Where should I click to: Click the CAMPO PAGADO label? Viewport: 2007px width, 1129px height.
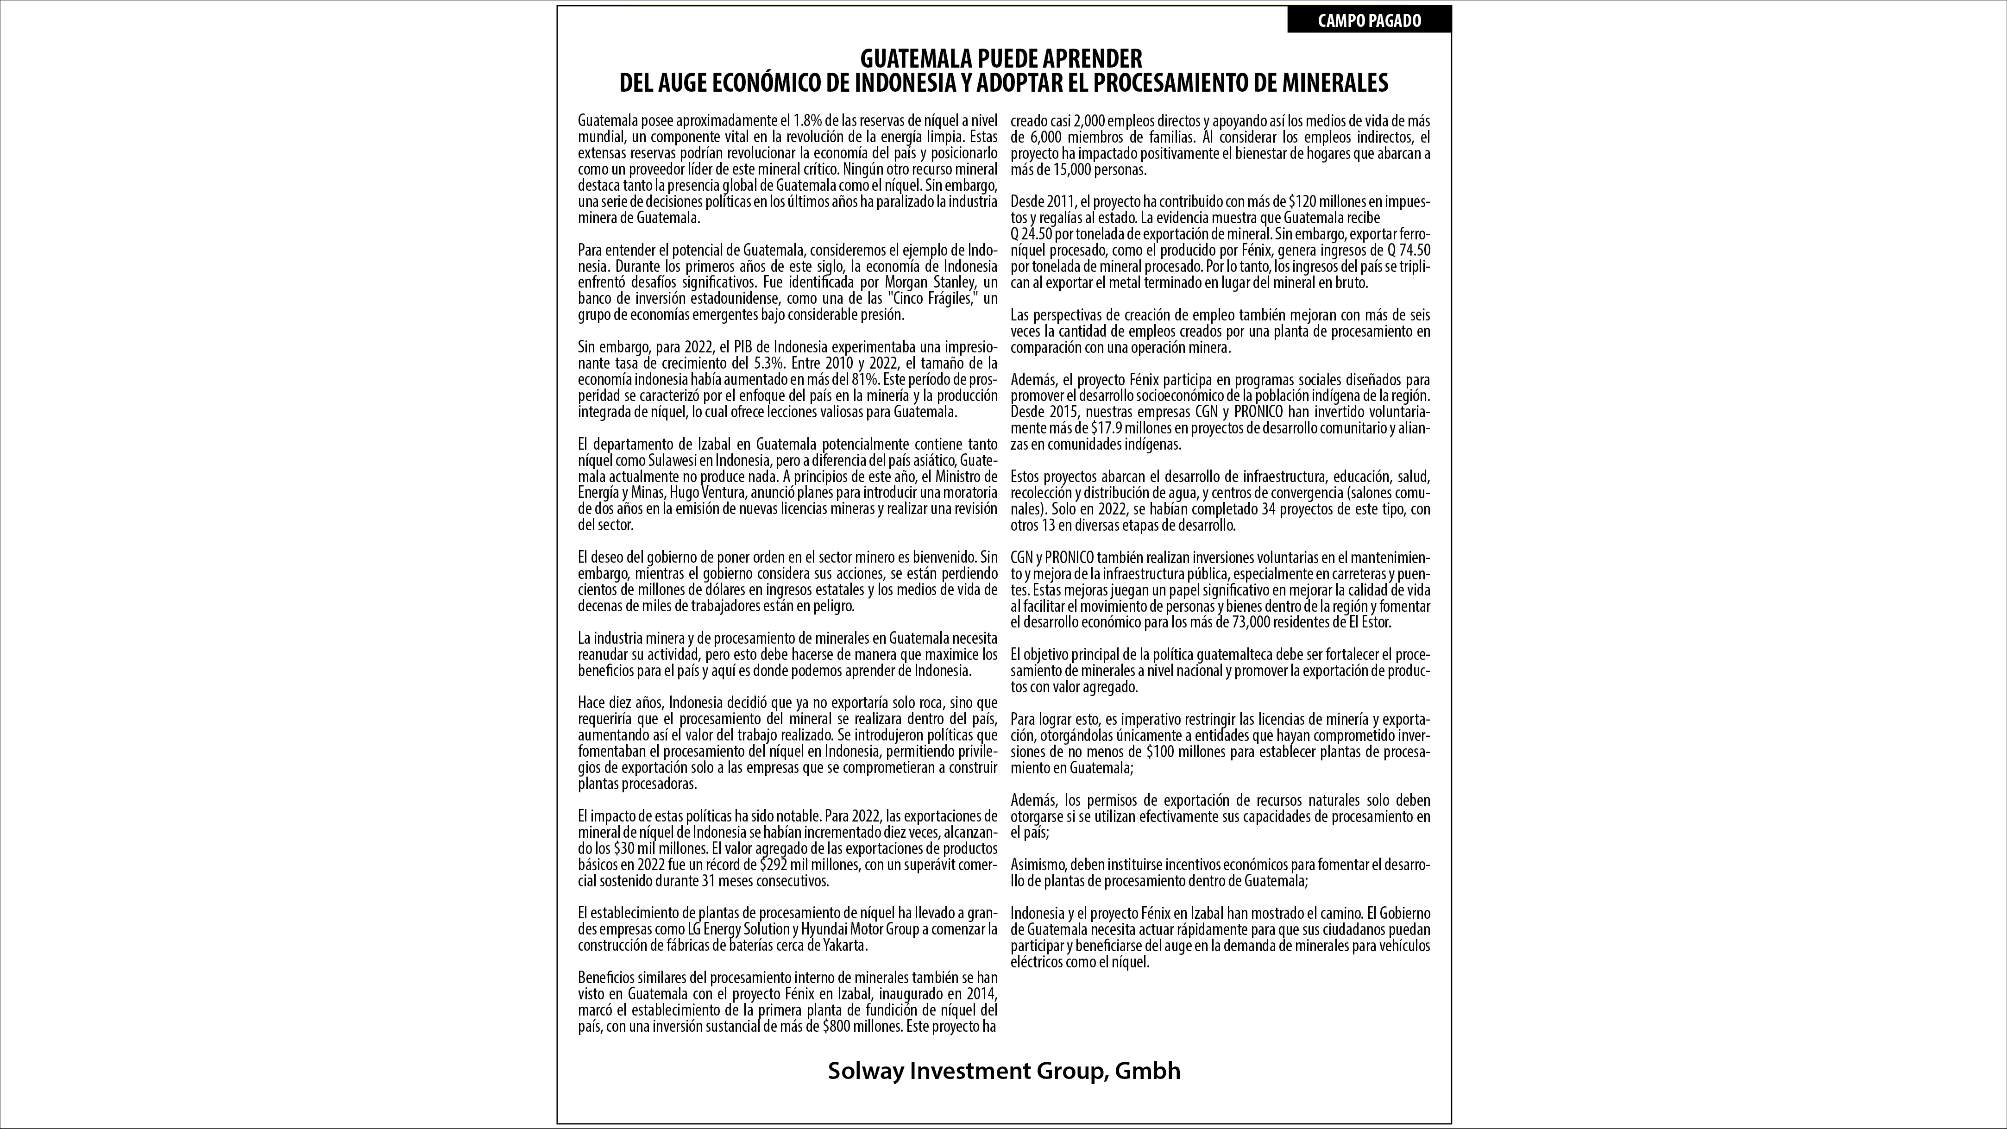click(1369, 21)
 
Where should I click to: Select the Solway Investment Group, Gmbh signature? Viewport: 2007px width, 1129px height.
click(1003, 1071)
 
